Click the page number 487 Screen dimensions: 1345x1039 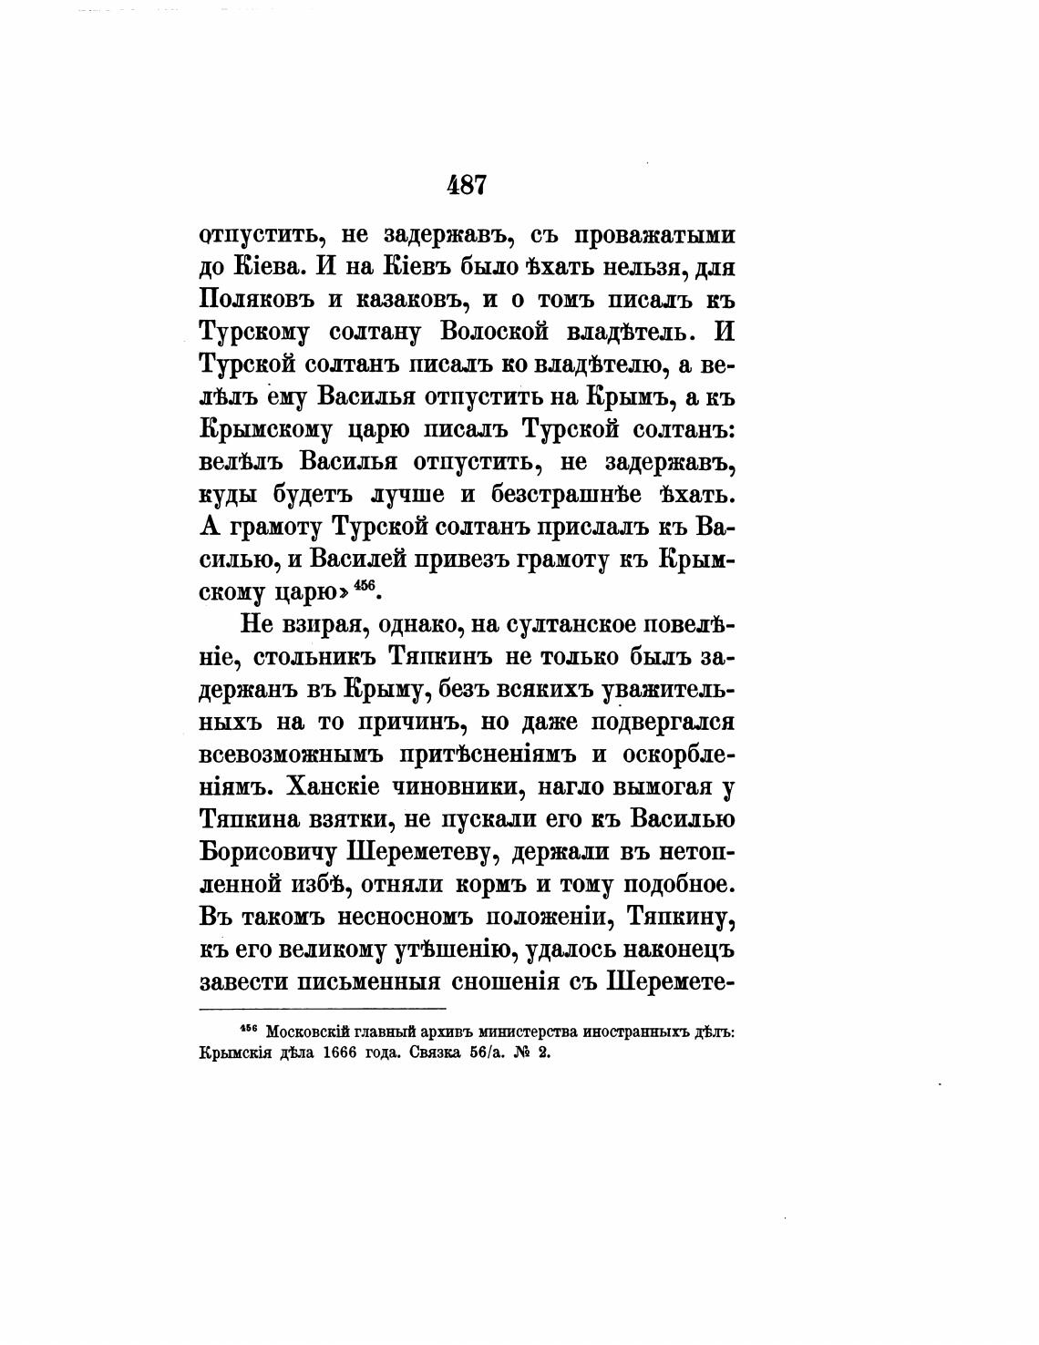click(x=468, y=186)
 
